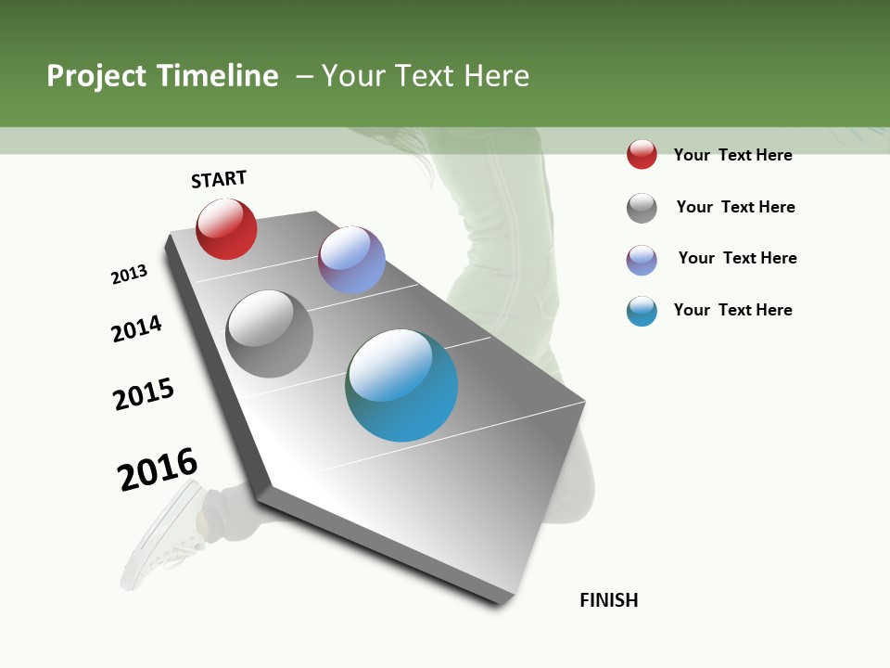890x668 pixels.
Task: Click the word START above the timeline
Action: coord(219,179)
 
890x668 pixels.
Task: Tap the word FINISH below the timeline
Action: coord(609,600)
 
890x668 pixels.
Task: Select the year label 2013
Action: coord(129,275)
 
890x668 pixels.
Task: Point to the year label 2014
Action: coord(136,328)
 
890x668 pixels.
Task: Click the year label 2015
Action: coord(144,394)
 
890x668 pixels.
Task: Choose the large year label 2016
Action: coord(158,469)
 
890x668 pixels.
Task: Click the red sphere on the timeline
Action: coord(226,229)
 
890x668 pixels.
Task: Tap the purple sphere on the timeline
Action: coord(351,260)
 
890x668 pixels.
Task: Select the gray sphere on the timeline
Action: coord(270,334)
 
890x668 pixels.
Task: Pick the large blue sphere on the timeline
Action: coord(401,385)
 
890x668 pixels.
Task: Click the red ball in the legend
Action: coord(642,154)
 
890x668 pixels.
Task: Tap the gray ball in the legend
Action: coord(642,208)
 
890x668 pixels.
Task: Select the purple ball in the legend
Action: coord(642,260)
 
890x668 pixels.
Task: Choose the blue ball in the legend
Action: coord(642,311)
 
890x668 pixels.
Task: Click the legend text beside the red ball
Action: coord(732,155)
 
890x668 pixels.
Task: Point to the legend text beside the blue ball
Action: coord(732,310)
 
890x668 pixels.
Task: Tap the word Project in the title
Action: coord(95,76)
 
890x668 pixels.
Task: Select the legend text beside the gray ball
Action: coord(735,207)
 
